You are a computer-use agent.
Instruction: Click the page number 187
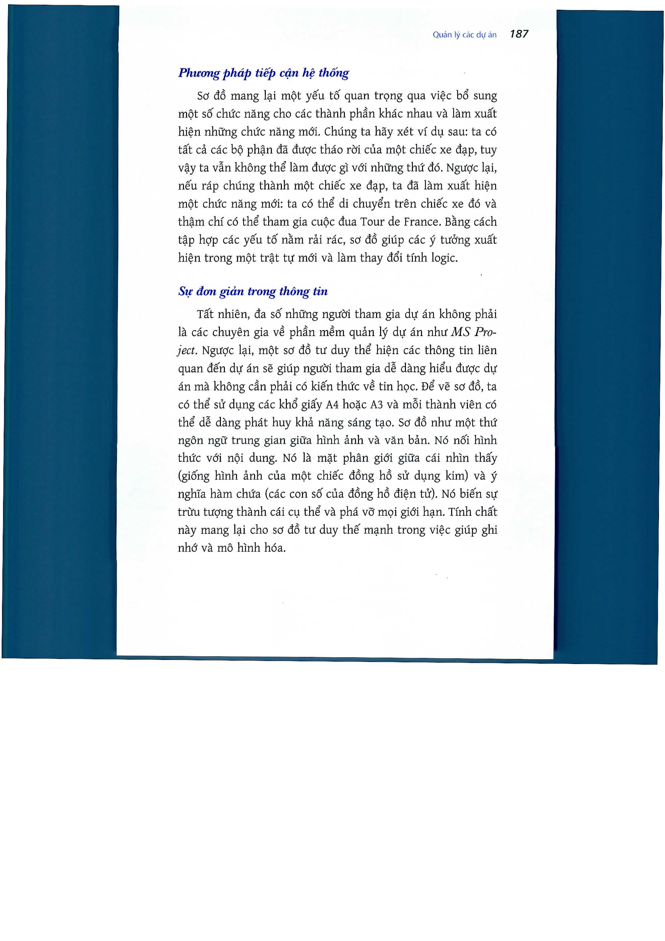pyautogui.click(x=519, y=34)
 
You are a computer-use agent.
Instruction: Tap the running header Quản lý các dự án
pyautogui.click(x=464, y=35)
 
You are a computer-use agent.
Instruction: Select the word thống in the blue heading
pyautogui.click(x=334, y=73)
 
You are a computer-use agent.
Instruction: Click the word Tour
pyautogui.click(x=372, y=222)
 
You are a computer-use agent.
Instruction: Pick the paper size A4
pyautogui.click(x=332, y=405)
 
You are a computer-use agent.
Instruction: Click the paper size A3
pyautogui.click(x=376, y=405)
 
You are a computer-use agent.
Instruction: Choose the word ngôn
pyautogui.click(x=190, y=441)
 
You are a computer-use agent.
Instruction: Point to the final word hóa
pyautogui.click(x=275, y=548)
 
